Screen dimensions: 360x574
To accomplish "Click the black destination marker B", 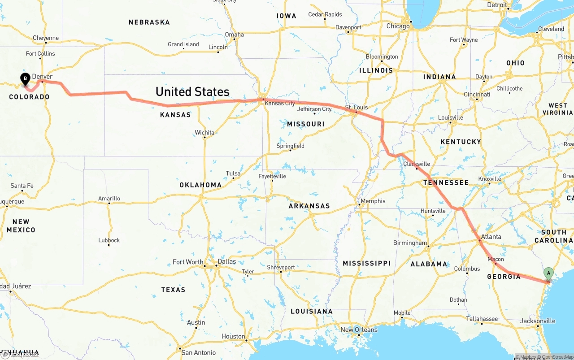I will coord(26,79).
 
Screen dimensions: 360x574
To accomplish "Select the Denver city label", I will coord(42,77).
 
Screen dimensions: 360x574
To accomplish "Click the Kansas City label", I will coord(280,103).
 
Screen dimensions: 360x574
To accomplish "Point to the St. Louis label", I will coord(356,107).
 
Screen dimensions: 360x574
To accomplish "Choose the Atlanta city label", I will coord(491,237).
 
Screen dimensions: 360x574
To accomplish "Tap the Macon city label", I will coord(496,259).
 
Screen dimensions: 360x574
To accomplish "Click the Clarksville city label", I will coord(417,164).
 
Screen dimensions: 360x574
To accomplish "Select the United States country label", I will coord(192,91).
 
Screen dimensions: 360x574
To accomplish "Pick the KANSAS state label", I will coord(175,115).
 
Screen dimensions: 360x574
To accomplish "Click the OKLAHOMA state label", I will coord(200,185).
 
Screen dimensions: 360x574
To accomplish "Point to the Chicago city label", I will coord(398,26).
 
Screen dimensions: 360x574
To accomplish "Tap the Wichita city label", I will coord(204,132).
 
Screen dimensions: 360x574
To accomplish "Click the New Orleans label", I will coord(359,330).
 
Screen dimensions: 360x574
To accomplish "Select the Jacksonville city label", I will coord(538,321).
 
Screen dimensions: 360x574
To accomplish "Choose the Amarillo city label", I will coord(109,198).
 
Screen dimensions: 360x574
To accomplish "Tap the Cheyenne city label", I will coord(46,38).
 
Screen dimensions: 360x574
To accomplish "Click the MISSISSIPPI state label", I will coord(366,263).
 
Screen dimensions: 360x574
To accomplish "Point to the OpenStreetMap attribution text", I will coord(557,357).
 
